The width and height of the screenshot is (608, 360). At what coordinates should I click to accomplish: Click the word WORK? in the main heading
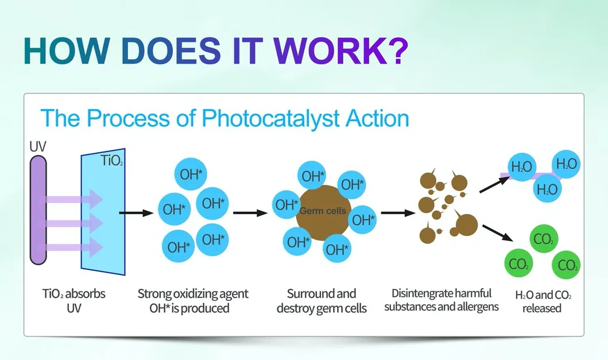point(341,51)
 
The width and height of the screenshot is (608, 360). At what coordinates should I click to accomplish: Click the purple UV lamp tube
point(38,210)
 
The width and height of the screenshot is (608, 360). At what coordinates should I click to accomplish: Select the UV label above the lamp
point(38,146)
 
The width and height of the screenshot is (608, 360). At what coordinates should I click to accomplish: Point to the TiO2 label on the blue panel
point(112,160)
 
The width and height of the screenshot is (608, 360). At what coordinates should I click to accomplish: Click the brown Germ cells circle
point(323,212)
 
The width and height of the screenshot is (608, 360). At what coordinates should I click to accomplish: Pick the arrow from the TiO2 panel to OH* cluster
point(136,212)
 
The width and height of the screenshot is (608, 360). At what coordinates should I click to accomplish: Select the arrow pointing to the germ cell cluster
point(250,212)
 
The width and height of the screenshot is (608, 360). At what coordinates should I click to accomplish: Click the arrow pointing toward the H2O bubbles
point(494,184)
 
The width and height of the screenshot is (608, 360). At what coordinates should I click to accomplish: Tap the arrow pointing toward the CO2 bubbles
point(498,233)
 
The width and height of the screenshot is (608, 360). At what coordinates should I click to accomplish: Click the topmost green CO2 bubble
point(544,239)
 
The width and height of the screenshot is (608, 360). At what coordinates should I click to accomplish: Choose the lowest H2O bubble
point(547,189)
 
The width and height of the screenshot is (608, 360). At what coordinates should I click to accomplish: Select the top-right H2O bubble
point(566,164)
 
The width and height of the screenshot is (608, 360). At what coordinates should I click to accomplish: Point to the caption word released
point(542,308)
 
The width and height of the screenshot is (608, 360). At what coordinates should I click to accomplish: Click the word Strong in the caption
point(154,294)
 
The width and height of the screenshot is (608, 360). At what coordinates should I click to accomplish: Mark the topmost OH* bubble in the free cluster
point(191,174)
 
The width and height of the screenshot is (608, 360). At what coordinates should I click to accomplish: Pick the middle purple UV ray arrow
point(73,223)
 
